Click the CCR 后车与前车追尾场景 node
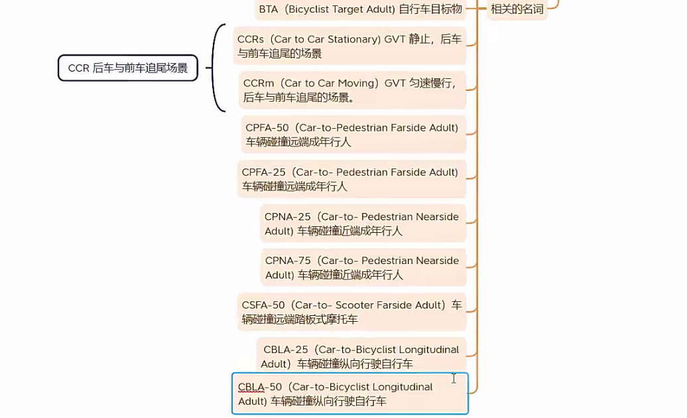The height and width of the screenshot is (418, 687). tap(128, 68)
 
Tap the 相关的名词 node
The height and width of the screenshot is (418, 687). tap(517, 9)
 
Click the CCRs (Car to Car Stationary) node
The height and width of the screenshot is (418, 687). tap(349, 46)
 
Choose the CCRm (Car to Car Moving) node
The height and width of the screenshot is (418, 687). tap(351, 90)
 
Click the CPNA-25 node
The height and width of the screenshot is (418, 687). tap(362, 224)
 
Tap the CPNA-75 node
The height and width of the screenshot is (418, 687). tap(362, 267)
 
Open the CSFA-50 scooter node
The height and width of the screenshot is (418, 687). tap(351, 312)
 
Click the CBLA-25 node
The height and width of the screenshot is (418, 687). tap(361, 356)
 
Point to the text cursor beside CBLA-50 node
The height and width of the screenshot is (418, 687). tap(454, 378)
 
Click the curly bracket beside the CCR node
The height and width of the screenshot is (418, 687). tap(217, 68)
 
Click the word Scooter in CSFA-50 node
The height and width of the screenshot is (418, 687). tap(359, 305)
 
